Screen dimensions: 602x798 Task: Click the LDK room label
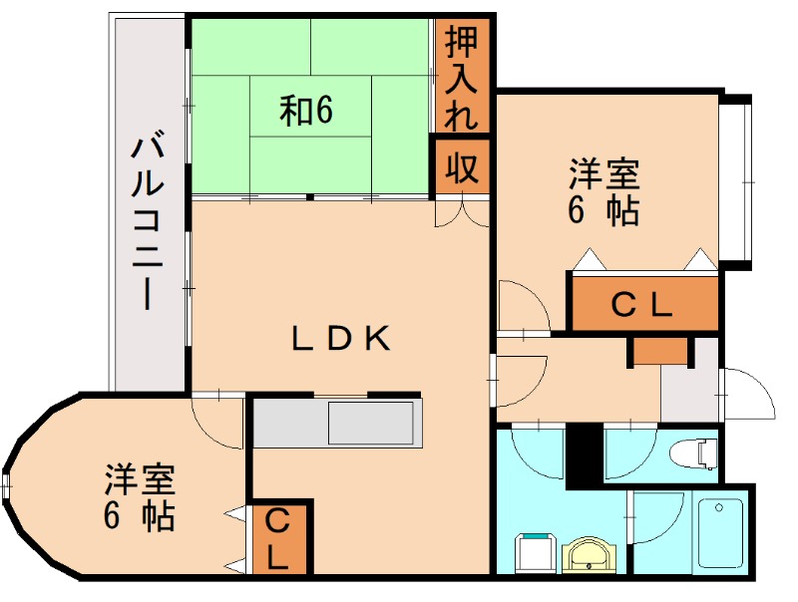(x=340, y=339)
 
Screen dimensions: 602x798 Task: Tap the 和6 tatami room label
(x=305, y=111)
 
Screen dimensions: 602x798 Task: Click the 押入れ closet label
(x=461, y=78)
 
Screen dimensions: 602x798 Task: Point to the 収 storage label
(x=461, y=167)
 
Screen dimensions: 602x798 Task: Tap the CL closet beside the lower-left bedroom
(x=278, y=538)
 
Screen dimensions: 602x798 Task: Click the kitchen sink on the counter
(x=370, y=424)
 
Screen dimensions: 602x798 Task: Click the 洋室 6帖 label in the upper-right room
(x=604, y=192)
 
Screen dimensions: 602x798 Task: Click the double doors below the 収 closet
(x=462, y=211)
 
